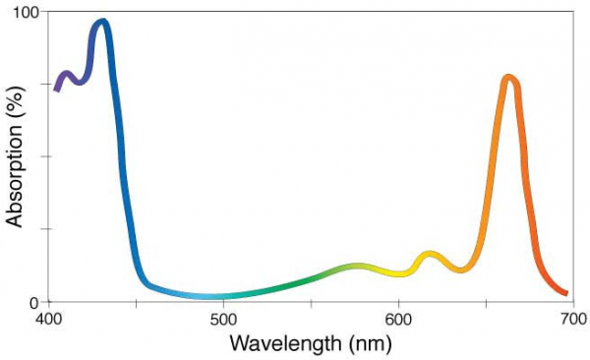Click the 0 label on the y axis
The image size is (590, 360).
[32, 302]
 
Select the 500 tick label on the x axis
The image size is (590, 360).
[223, 320]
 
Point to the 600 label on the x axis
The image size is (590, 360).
[398, 320]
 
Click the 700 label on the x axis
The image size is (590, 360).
[572, 320]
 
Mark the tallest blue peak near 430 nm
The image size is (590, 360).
[100, 23]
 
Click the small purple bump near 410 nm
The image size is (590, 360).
[67, 75]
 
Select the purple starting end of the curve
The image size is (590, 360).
[57, 89]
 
